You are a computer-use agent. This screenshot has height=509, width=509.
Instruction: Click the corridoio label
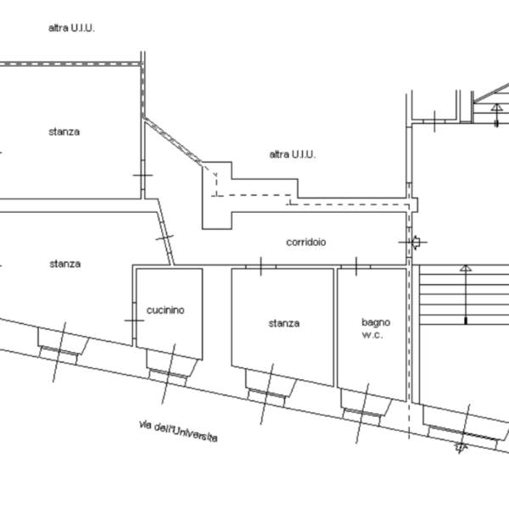[x=306, y=242]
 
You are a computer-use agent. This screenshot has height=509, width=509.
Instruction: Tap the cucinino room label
[x=165, y=310]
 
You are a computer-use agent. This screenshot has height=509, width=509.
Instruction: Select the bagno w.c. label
[x=376, y=328]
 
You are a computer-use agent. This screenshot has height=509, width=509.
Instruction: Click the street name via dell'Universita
[x=178, y=432]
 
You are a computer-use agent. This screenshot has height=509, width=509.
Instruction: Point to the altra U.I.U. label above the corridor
[x=293, y=154]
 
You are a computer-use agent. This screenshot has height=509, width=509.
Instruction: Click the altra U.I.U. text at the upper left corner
[x=72, y=28]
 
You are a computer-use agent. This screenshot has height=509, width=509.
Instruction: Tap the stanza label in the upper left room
[x=64, y=131]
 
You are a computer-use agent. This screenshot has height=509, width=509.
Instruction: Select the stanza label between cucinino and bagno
[x=284, y=323]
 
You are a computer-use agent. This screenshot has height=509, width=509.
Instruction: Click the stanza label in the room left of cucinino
[x=65, y=264]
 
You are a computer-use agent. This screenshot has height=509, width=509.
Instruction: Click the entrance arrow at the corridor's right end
[x=416, y=242]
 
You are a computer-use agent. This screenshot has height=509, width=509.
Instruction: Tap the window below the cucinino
[x=168, y=373]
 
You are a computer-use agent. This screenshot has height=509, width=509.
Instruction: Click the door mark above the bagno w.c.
[x=356, y=266]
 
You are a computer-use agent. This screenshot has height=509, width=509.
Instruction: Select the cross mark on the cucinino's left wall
[x=134, y=321]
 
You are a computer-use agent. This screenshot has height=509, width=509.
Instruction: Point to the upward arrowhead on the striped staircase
[x=466, y=268]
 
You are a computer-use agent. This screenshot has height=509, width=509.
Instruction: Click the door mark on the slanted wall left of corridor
[x=165, y=238]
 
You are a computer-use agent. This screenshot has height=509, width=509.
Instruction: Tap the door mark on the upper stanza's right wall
[x=143, y=176]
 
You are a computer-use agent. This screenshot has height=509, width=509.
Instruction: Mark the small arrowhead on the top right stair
[x=496, y=107]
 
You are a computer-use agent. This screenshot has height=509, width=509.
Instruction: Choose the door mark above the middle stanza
[x=261, y=266]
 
